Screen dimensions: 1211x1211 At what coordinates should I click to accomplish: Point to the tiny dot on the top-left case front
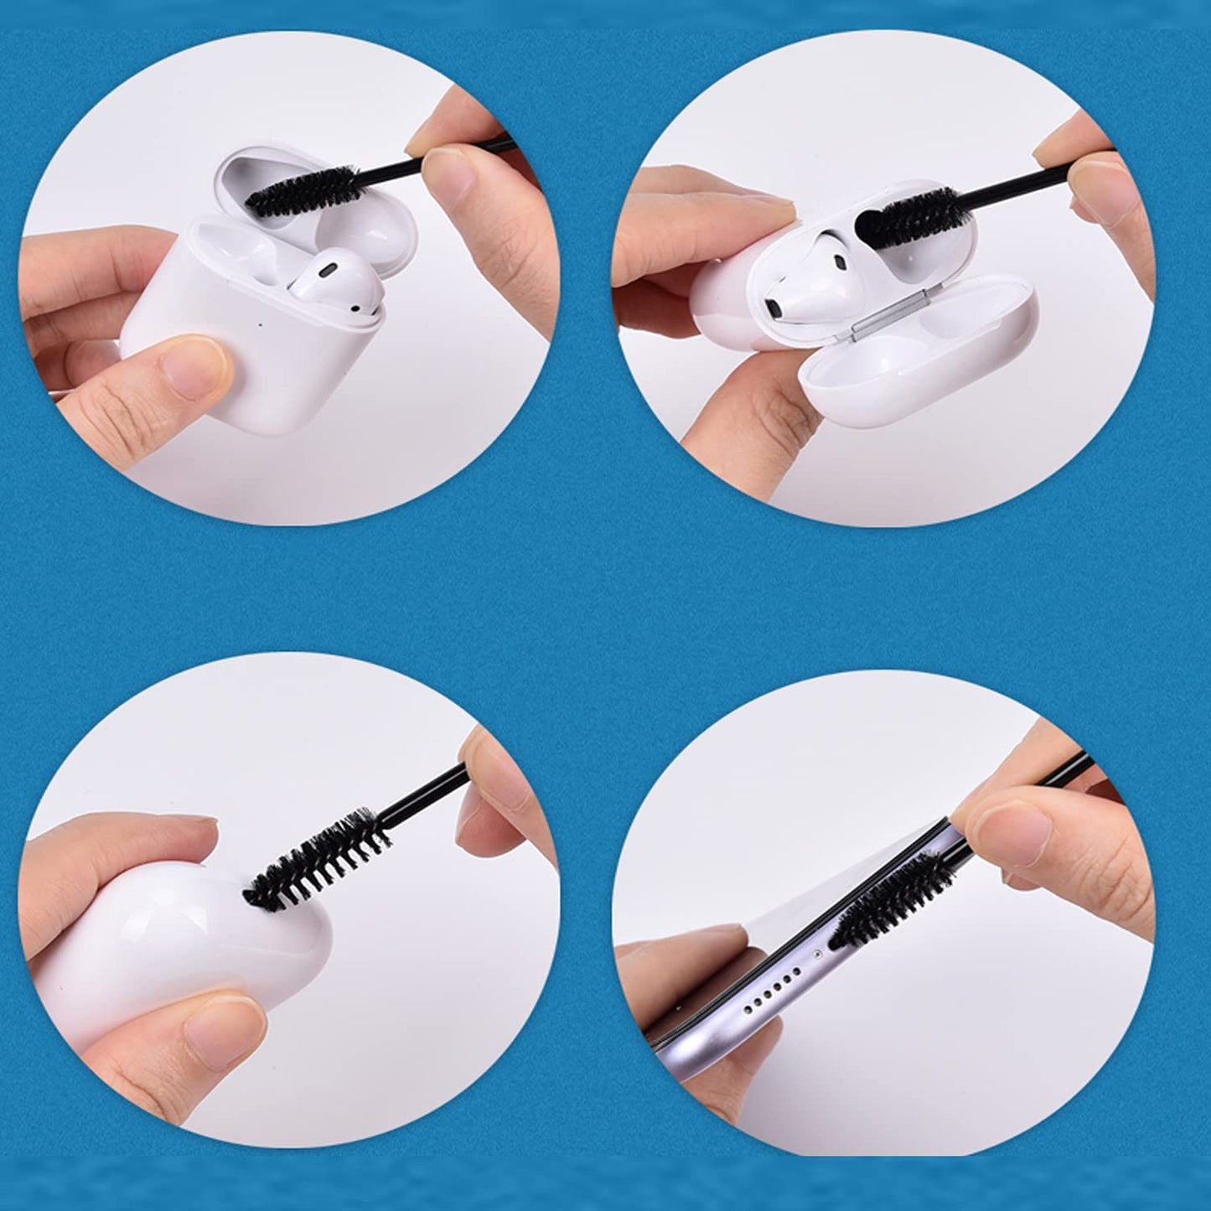(x=264, y=323)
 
